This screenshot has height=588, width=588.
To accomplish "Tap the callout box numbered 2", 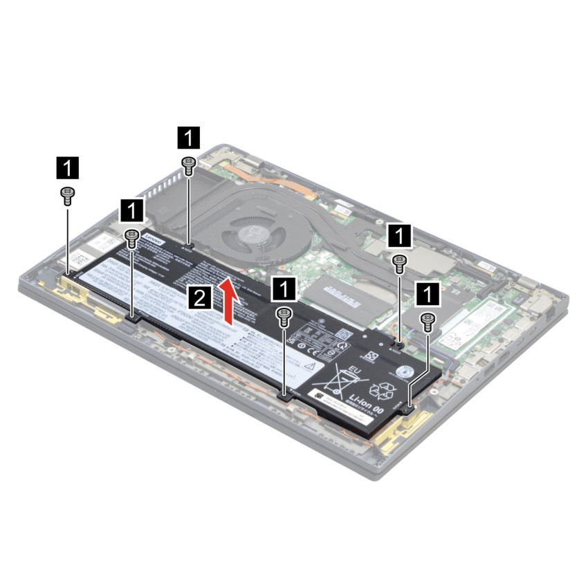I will point(200,299).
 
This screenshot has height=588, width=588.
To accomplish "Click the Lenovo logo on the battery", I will point(154,239).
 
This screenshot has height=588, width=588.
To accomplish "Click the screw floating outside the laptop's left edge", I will point(68,195).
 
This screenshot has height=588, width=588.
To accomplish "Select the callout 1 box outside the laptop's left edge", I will point(67,167).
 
